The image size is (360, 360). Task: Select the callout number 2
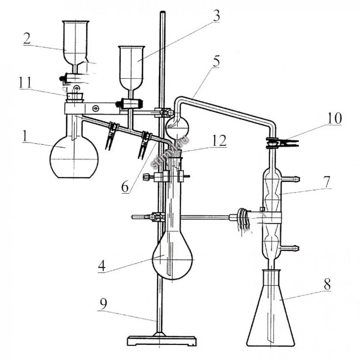[27, 39]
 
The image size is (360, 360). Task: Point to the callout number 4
[102, 266]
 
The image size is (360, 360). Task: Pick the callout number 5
[216, 61]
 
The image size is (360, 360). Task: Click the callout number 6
[125, 187]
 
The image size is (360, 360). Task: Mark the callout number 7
[327, 181]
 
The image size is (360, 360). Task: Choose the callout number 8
[327, 284]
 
